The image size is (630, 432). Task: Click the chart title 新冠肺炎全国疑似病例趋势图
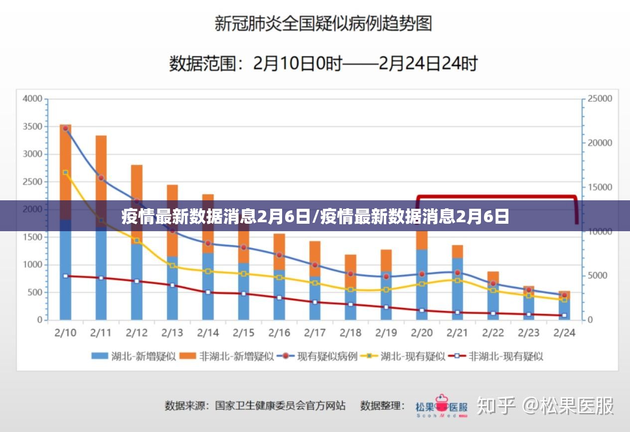(x=322, y=23)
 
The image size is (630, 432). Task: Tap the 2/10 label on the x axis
(x=65, y=332)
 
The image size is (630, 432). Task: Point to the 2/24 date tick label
(x=564, y=332)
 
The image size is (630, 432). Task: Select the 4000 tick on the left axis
(x=32, y=99)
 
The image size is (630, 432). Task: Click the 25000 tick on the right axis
(x=600, y=99)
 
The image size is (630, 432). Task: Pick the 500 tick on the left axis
(x=34, y=292)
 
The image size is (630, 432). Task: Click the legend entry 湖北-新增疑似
(x=133, y=356)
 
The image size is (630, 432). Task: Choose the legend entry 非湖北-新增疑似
(x=226, y=356)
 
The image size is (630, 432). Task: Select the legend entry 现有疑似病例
(x=317, y=356)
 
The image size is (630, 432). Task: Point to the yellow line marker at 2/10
(x=65, y=172)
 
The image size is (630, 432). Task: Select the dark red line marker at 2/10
(x=65, y=276)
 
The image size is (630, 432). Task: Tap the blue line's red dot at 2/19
(x=386, y=276)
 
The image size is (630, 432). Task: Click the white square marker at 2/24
(x=564, y=315)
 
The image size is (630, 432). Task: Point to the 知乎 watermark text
(x=495, y=406)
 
